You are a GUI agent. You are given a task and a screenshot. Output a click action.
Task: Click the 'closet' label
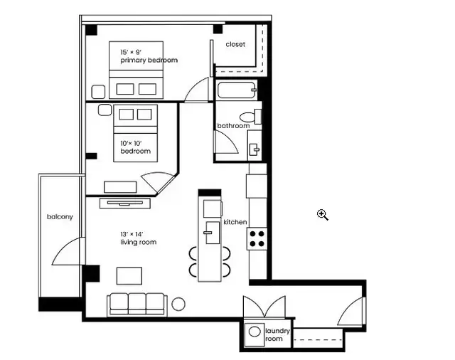[235, 44]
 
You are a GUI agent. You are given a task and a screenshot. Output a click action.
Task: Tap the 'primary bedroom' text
[149, 60]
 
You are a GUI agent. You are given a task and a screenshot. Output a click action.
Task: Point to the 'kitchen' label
[235, 222]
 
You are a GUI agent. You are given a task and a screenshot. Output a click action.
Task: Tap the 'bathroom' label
[233, 126]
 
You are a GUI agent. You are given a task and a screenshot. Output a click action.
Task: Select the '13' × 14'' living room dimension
[132, 233]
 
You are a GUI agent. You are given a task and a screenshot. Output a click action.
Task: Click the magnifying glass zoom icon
[323, 214]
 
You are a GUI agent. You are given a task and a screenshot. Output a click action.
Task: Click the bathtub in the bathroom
[235, 91]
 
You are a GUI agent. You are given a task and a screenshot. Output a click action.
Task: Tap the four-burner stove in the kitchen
[257, 238]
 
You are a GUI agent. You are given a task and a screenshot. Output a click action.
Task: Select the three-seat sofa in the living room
[137, 303]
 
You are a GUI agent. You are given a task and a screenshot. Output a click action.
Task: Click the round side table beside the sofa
[178, 304]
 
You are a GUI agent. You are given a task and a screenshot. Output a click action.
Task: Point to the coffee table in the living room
[129, 275]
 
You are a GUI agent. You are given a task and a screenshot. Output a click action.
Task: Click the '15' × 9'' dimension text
[129, 52]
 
